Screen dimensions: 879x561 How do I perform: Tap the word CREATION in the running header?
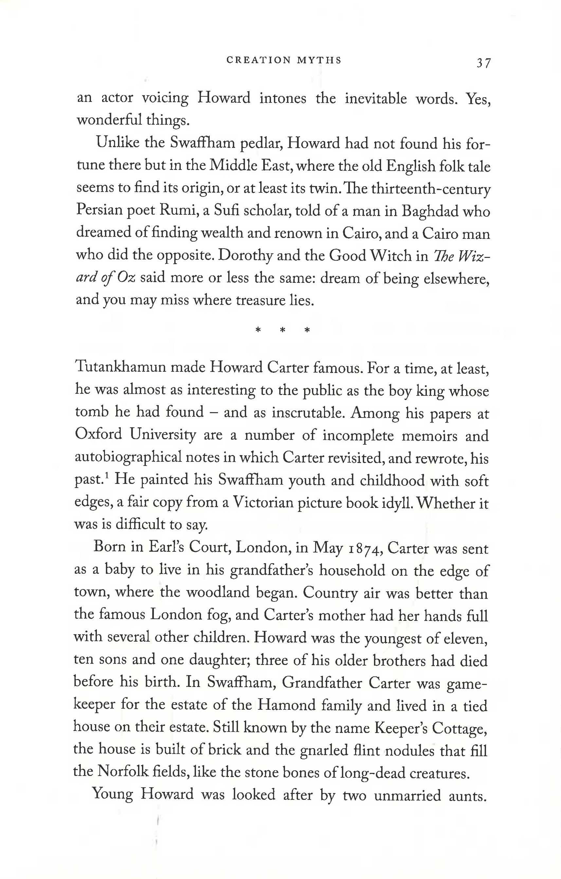(x=259, y=60)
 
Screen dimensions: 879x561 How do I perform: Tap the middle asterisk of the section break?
(x=282, y=330)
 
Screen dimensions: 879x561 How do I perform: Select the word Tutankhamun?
(x=120, y=367)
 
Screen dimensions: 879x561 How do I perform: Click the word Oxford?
(x=99, y=434)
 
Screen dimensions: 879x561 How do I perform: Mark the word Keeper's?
(x=400, y=728)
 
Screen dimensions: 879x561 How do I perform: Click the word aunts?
(x=468, y=795)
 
